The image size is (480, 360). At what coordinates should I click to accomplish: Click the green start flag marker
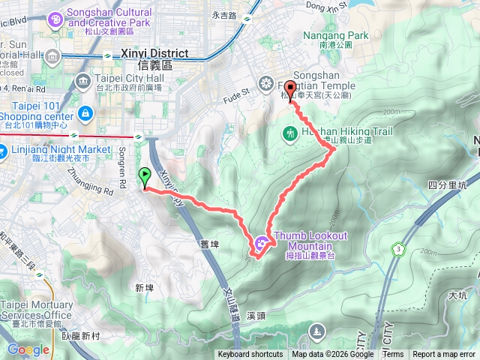click(x=144, y=177)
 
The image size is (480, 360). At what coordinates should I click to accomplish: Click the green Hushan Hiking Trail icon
click(x=290, y=134)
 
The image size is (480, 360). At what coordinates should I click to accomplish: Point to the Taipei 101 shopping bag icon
click(x=85, y=114)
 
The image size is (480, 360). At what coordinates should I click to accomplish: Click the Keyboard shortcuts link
click(x=250, y=355)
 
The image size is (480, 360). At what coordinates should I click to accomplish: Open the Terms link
click(x=393, y=355)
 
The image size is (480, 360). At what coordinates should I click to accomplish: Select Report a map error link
click(x=445, y=355)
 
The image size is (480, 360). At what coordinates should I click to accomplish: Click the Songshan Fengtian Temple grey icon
click(x=265, y=82)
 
